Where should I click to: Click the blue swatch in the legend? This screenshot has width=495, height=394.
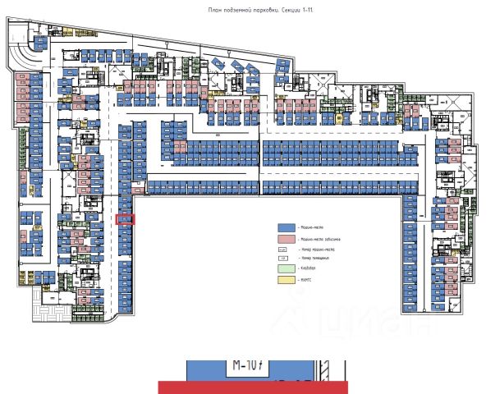[286, 227]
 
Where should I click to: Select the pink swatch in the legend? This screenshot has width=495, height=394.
[286, 238]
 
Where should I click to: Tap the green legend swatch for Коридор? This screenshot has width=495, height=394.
[286, 268]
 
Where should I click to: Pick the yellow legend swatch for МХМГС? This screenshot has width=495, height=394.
[286, 280]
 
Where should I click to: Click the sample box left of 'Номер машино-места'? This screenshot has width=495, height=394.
[283, 249]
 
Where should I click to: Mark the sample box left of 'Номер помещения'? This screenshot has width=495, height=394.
[283, 259]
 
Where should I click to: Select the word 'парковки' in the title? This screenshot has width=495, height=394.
[253, 10]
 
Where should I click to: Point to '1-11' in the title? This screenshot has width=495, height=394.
[291, 10]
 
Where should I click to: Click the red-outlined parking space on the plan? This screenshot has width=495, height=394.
[126, 219]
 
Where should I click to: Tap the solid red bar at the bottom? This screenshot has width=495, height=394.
[254, 387]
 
